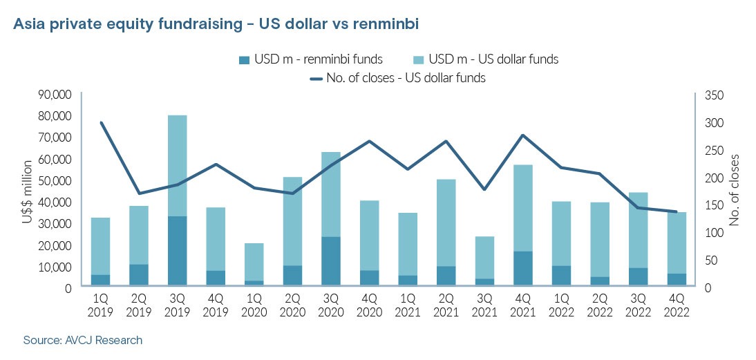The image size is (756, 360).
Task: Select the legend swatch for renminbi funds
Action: (x=244, y=59)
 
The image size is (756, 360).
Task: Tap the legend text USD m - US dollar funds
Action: (x=493, y=59)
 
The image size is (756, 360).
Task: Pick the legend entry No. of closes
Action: (x=406, y=78)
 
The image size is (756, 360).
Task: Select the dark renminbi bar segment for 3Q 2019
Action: (x=178, y=251)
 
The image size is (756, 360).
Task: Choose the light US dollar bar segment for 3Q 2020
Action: (x=331, y=194)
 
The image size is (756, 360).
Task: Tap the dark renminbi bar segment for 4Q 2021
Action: (x=522, y=268)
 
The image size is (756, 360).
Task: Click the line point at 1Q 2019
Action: (x=102, y=123)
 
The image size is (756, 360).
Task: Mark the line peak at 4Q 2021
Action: (x=522, y=135)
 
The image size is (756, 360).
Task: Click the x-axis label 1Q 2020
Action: (x=254, y=305)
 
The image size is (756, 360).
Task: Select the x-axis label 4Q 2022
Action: (x=675, y=305)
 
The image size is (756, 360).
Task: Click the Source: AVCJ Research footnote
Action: (x=82, y=341)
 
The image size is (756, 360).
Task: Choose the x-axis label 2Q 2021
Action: (x=446, y=305)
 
